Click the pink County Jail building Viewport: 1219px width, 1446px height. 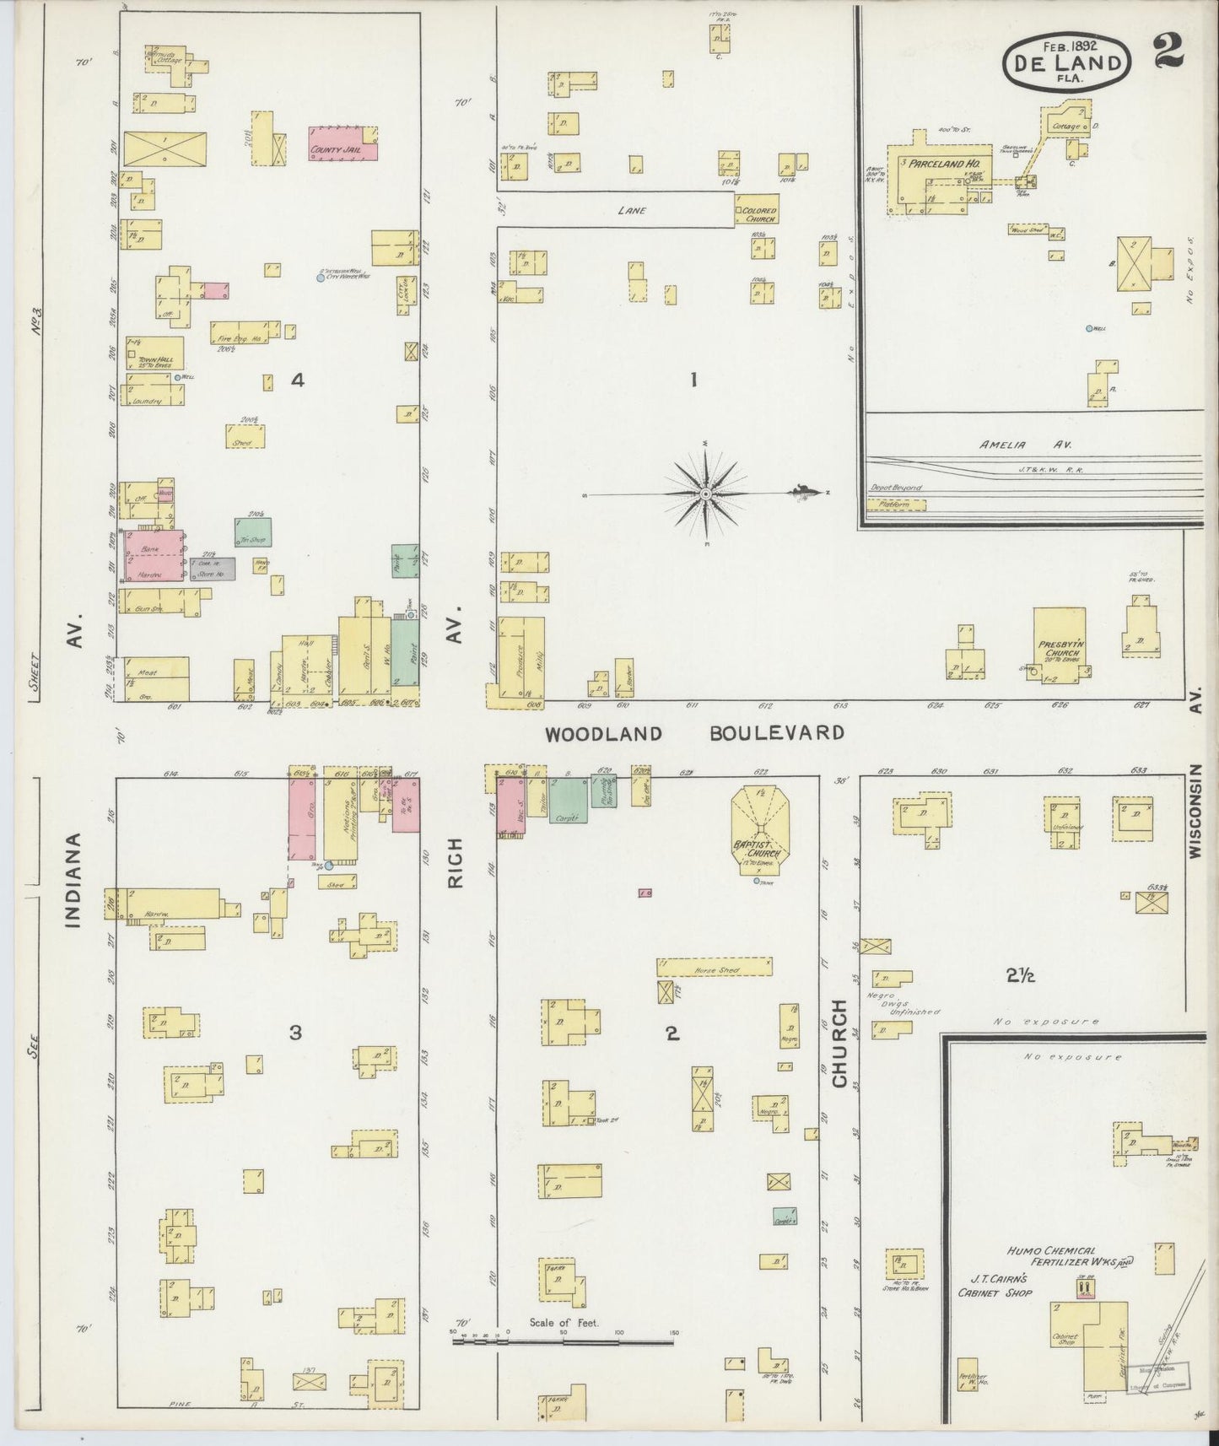[x=342, y=143]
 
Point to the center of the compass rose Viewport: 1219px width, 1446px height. [x=705, y=493]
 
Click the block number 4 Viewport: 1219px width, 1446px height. [x=296, y=380]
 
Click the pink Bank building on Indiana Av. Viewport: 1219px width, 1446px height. [x=154, y=554]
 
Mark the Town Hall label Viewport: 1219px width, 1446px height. [x=155, y=360]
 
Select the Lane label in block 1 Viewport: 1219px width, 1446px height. [x=632, y=210]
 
